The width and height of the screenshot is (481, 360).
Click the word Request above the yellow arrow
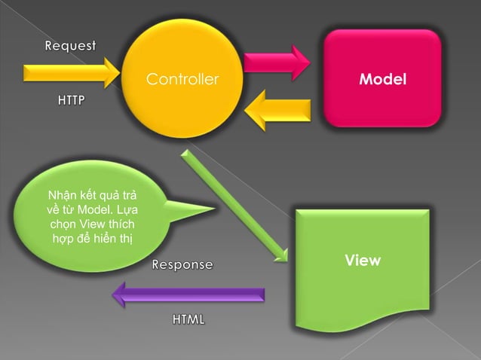(70, 47)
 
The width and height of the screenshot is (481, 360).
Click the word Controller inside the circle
(182, 78)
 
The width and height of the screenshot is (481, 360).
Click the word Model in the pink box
(382, 78)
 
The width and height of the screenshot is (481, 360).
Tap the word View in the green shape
(363, 261)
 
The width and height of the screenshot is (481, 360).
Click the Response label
(182, 265)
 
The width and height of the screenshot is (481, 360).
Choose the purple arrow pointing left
(188, 295)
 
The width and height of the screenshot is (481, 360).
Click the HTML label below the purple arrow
(188, 319)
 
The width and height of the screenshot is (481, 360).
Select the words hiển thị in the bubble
(116, 238)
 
